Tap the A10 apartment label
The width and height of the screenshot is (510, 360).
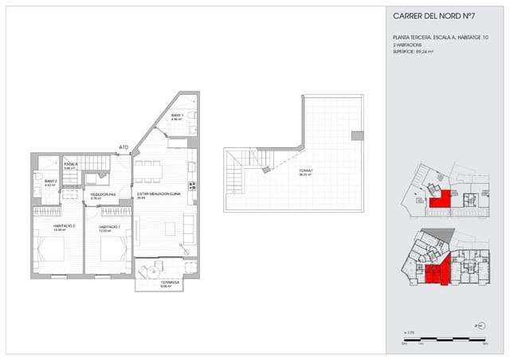(x=124, y=147)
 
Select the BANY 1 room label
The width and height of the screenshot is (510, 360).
(x=177, y=116)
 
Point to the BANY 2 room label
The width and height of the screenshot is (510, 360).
(x=50, y=182)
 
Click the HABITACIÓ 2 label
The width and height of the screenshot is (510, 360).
(x=64, y=227)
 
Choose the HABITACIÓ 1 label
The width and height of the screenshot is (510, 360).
(x=109, y=227)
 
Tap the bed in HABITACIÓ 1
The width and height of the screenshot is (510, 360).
(x=113, y=248)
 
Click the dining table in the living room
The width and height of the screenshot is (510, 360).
(x=148, y=170)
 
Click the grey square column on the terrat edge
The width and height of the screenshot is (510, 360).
(x=358, y=135)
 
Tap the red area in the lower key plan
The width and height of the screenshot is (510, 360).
(x=433, y=274)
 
